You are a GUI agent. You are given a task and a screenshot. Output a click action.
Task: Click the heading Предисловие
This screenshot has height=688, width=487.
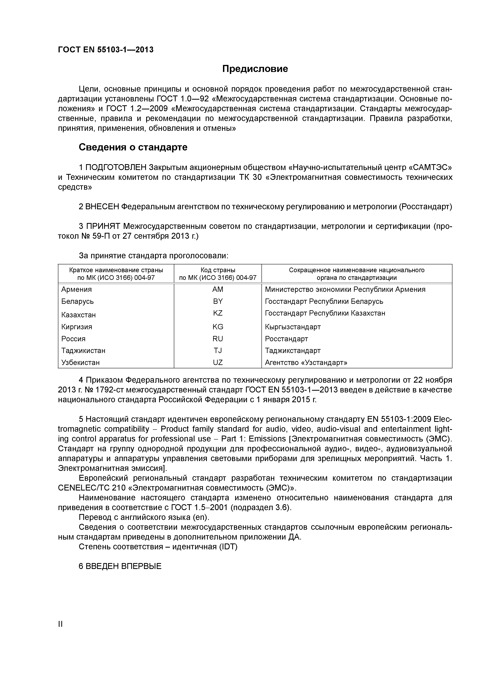coord(255,69)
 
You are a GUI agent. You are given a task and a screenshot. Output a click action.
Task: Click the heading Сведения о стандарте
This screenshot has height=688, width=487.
coord(133,147)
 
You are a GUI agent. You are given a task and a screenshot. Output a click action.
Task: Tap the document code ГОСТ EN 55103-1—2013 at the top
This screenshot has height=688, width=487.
coord(106,49)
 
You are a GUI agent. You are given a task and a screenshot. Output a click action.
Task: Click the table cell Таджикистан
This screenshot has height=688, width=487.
coord(83,351)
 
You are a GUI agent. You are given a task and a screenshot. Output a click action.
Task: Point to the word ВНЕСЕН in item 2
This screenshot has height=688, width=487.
coord(102,207)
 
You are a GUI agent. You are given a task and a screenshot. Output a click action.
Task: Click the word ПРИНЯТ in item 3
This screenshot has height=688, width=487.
coord(103,226)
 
